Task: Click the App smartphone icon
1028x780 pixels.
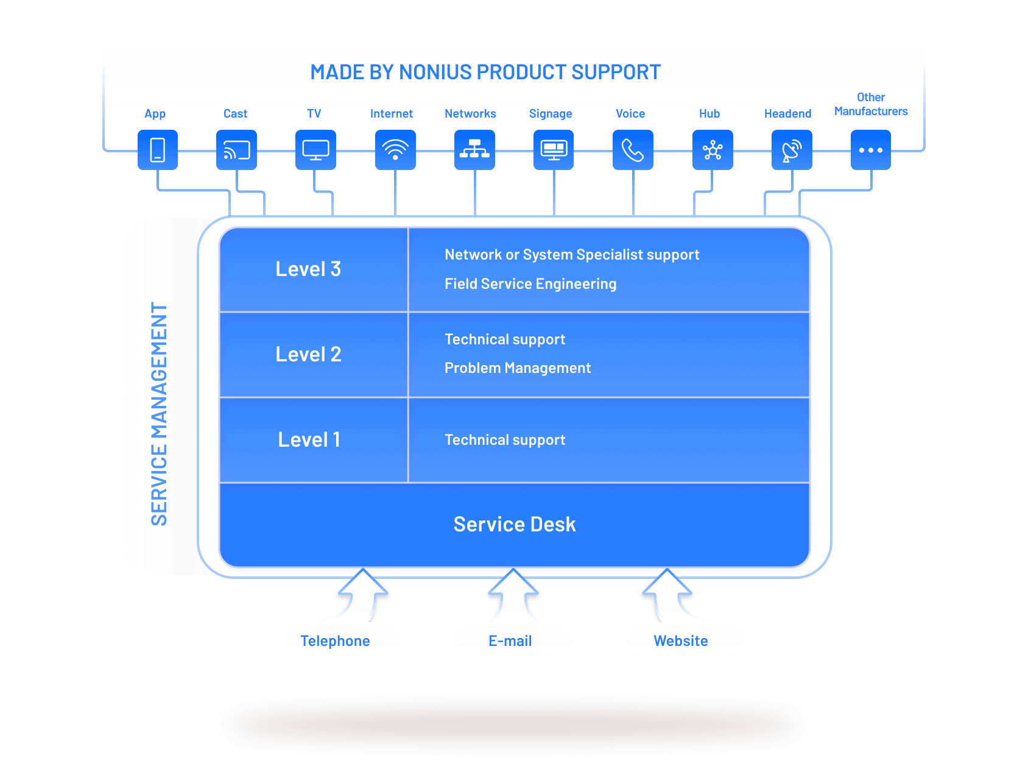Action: [x=158, y=150]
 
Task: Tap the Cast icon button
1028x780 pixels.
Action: [x=236, y=150]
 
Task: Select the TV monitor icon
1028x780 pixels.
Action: [x=315, y=150]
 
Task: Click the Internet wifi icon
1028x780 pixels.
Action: [x=395, y=150]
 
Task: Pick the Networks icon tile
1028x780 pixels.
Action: [x=474, y=150]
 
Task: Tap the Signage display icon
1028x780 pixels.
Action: [x=554, y=150]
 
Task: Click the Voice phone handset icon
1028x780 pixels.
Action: [x=633, y=150]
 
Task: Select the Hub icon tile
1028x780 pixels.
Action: [x=713, y=150]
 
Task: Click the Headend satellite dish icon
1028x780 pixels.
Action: [x=792, y=150]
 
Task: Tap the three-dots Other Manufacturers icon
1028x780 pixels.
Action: [x=871, y=150]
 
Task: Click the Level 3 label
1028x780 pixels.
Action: [x=308, y=269]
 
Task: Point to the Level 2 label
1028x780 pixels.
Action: [x=308, y=354]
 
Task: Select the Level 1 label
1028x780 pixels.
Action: [x=309, y=439]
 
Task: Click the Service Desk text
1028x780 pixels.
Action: [x=515, y=524]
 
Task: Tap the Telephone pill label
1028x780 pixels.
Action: [x=336, y=641]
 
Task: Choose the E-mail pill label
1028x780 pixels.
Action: [x=510, y=641]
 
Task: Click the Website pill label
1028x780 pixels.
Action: [x=681, y=641]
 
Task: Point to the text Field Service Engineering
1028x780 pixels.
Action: [x=530, y=284]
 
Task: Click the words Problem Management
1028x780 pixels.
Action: [x=518, y=368]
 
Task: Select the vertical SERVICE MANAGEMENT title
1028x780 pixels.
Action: [x=159, y=414]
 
